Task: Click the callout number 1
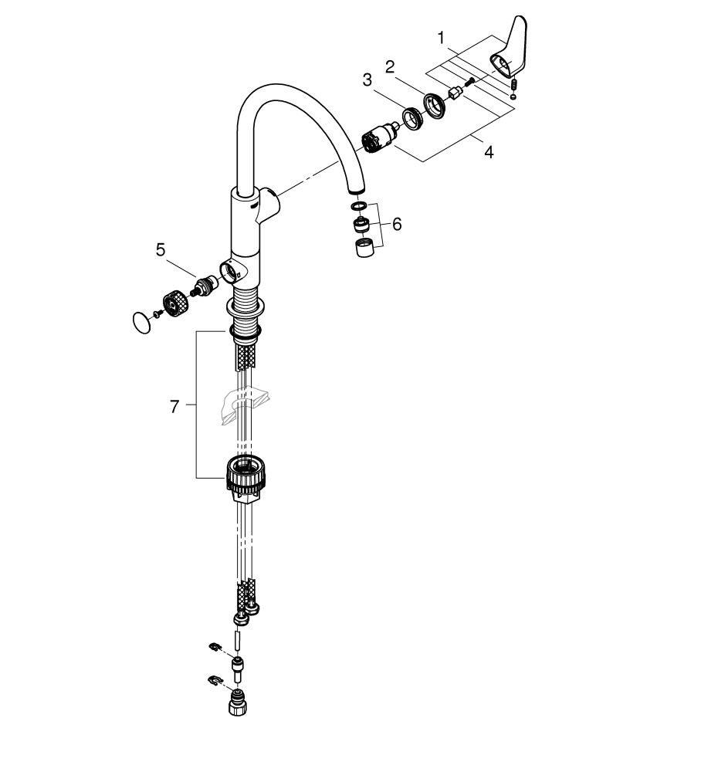pos(441,37)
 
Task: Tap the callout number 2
pos(390,66)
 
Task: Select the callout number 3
pos(367,80)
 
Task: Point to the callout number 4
pos(489,152)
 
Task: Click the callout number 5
pos(161,250)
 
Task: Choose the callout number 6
pos(397,225)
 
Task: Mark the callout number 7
pos(174,407)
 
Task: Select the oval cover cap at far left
pos(142,322)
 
